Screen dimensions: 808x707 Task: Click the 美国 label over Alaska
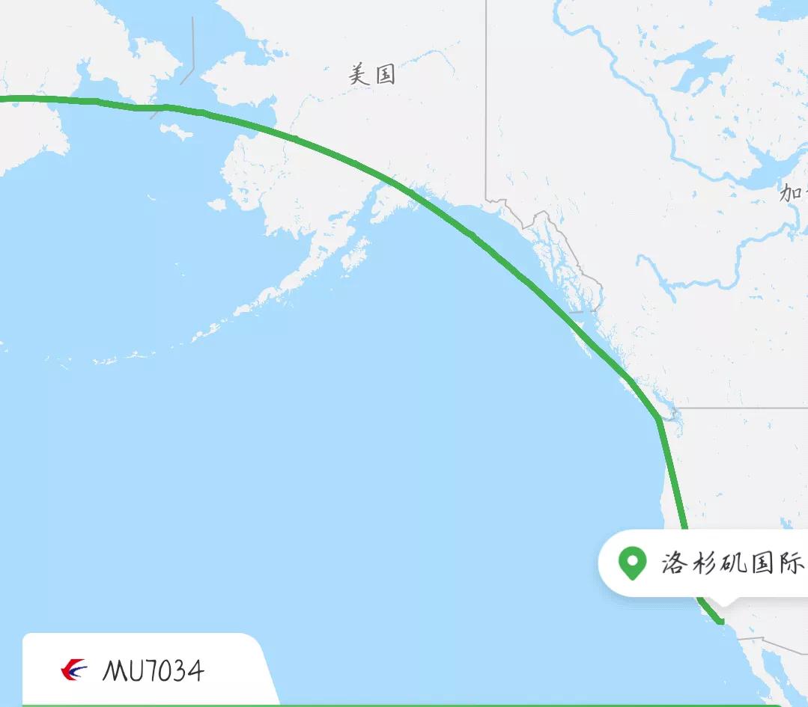(372, 74)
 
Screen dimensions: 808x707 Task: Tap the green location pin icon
(632, 562)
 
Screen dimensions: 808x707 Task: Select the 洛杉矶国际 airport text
(732, 563)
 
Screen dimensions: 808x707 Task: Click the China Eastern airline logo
(73, 670)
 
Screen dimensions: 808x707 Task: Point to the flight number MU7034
(153, 670)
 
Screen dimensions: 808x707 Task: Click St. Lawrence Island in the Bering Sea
(177, 132)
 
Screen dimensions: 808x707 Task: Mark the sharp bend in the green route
(658, 418)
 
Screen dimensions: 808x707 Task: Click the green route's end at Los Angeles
(721, 621)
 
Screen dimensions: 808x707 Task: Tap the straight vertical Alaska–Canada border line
(486, 97)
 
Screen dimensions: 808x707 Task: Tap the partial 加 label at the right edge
(792, 192)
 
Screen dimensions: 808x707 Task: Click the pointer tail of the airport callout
(724, 600)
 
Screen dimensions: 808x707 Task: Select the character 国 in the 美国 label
(384, 74)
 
